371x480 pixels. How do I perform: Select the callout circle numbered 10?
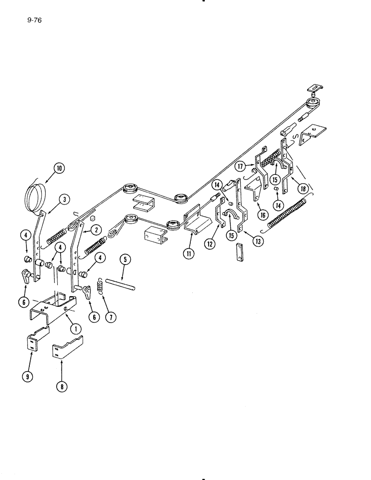(59, 168)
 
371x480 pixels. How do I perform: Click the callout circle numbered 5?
(124, 260)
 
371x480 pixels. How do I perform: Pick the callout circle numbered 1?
(75, 328)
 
